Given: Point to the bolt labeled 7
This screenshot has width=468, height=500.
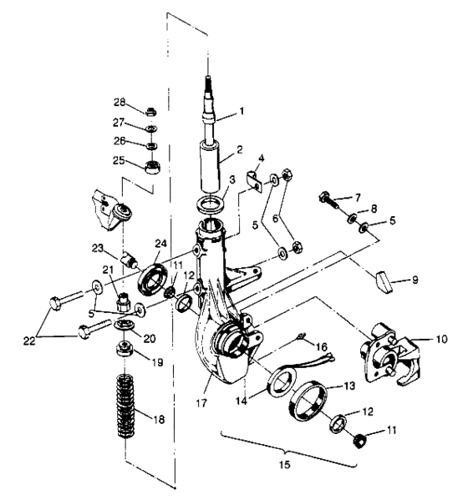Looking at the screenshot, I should click(x=332, y=200).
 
